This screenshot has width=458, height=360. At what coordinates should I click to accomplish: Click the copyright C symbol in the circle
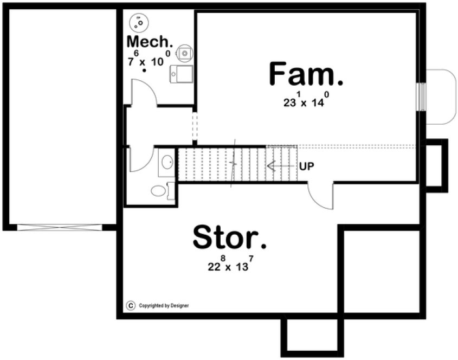click(130, 305)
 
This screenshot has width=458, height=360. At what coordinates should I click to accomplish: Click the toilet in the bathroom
click(159, 190)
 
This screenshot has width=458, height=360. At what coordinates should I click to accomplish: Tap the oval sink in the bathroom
click(167, 162)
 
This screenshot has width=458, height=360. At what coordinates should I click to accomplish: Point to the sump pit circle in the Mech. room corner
click(140, 22)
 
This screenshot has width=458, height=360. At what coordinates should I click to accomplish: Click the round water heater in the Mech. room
click(185, 53)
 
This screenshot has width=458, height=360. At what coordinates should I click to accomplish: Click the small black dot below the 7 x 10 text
click(144, 70)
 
